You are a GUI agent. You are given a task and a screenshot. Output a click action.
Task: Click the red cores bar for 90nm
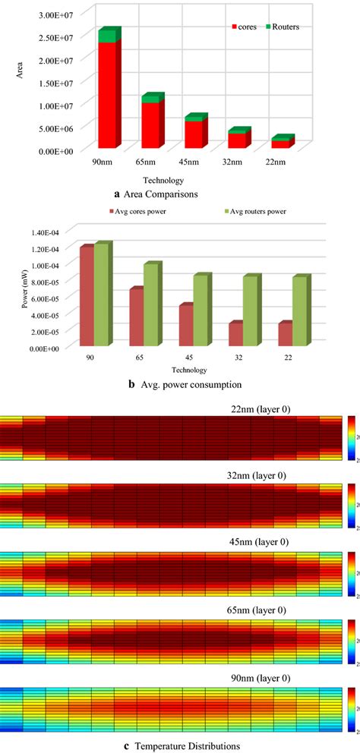[x=106, y=95]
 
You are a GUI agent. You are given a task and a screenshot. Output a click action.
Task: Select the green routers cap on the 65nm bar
[x=152, y=98]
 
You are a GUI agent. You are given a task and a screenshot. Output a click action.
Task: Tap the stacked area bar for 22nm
[x=281, y=143]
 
